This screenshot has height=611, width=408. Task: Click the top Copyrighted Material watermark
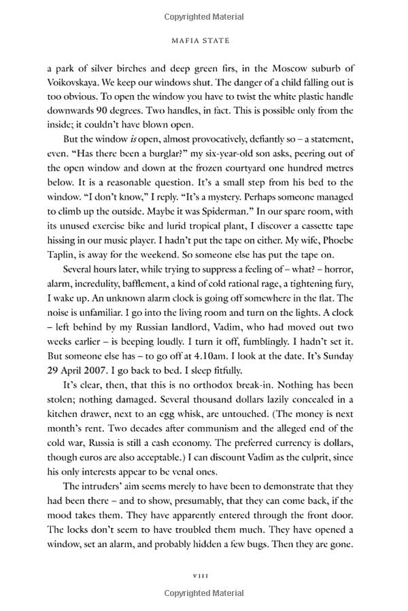click(204, 14)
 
